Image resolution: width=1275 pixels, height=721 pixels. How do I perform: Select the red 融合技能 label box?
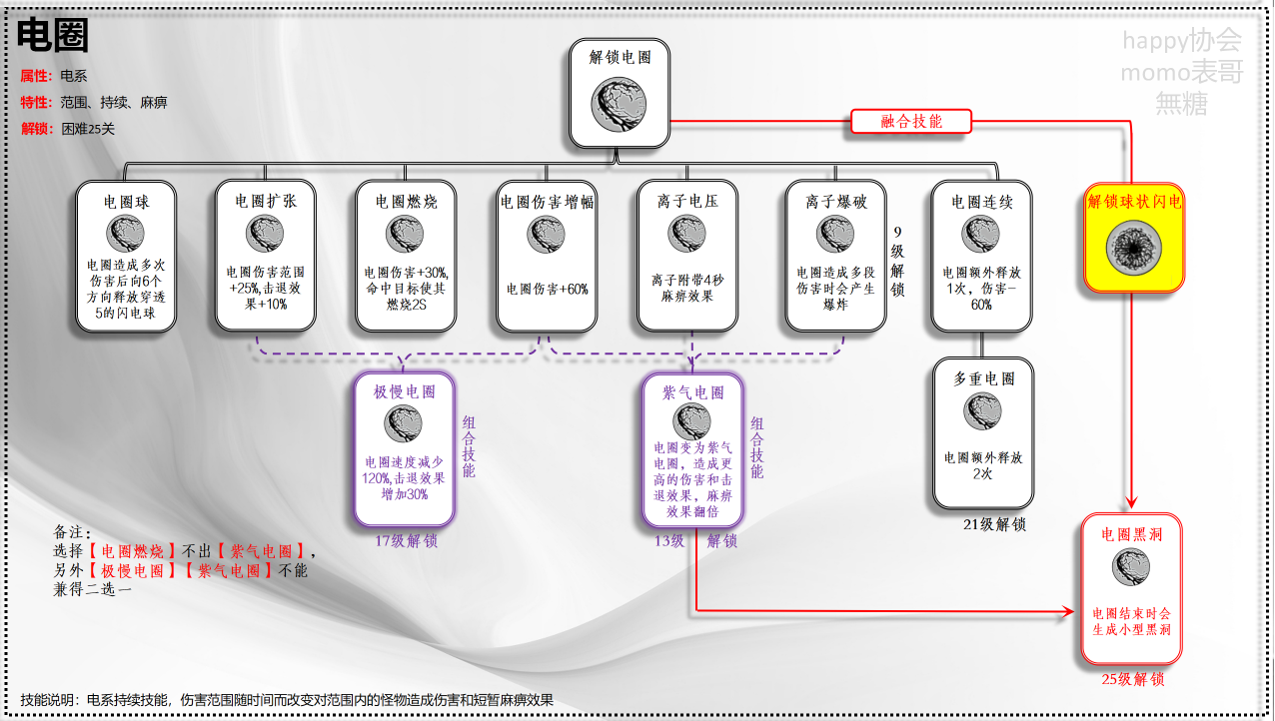tap(911, 122)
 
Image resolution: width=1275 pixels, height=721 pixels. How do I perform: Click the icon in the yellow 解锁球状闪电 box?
tap(1135, 248)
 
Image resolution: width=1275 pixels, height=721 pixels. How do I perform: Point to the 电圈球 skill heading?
tap(126, 202)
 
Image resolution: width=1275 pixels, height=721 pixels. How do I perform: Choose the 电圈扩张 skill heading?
tap(266, 201)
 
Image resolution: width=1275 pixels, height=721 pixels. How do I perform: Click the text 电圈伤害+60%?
tap(547, 290)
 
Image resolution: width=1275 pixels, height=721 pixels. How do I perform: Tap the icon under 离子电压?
tap(688, 235)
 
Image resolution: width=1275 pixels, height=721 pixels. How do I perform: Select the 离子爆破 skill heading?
tap(836, 202)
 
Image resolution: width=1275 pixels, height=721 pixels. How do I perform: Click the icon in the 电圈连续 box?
tap(980, 235)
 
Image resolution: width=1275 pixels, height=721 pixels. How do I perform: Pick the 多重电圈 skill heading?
tap(984, 379)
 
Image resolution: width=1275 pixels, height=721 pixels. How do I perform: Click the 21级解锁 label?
tap(994, 525)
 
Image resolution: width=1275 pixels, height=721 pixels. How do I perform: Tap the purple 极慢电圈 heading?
tap(405, 391)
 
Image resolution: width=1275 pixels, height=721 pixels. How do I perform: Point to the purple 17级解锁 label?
tap(406, 542)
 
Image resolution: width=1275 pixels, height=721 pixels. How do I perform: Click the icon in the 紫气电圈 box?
tap(691, 421)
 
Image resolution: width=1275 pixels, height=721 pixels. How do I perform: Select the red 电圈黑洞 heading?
tap(1131, 534)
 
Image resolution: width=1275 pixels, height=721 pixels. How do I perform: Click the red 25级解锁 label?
tap(1133, 680)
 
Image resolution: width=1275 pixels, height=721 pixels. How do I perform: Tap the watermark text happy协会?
tap(1181, 41)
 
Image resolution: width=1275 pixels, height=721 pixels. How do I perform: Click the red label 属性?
tap(37, 76)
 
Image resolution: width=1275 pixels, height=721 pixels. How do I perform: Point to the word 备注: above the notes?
tap(72, 532)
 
